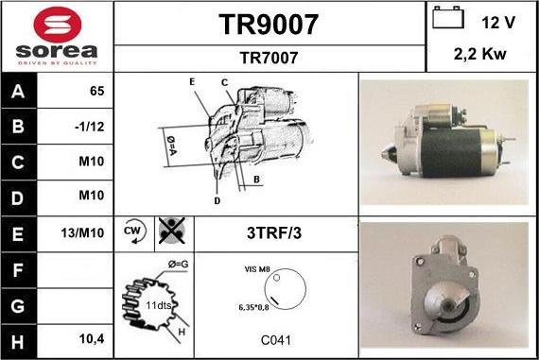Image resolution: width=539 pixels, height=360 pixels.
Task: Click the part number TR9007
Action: (269, 24)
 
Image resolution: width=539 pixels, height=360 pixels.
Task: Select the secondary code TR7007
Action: (269, 58)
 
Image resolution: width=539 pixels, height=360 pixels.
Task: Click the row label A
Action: (19, 92)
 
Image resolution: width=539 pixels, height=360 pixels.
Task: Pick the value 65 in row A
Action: (96, 92)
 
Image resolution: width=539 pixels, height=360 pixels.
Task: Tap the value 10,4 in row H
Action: (92, 337)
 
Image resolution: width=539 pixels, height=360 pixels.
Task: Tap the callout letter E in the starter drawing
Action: (191, 82)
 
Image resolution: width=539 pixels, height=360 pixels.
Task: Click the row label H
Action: (19, 337)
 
